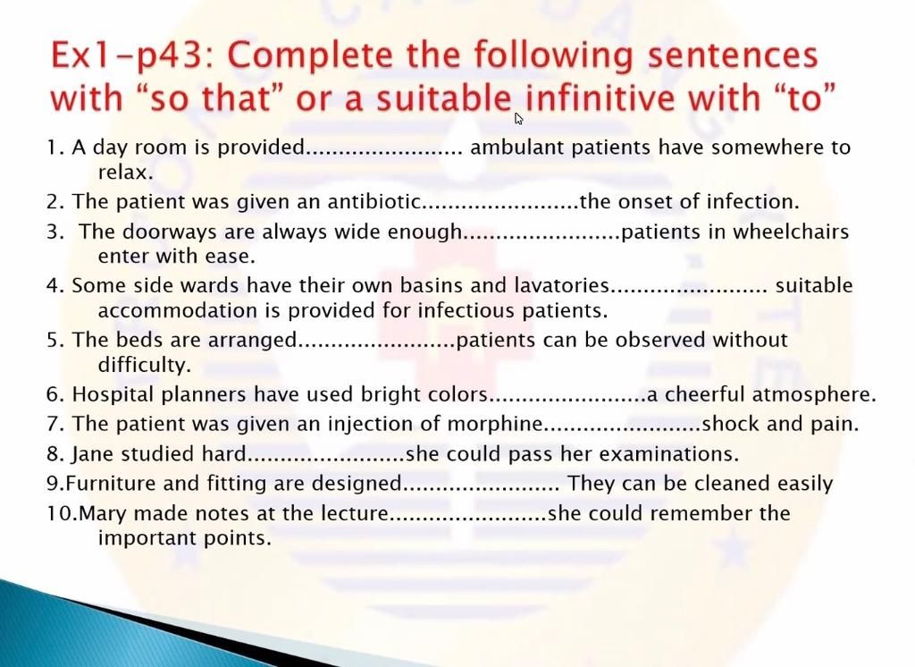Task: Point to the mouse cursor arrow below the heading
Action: click(x=519, y=118)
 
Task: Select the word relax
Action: click(x=125, y=172)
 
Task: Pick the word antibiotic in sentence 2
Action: click(x=374, y=202)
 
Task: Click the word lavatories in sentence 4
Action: click(x=561, y=286)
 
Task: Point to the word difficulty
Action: click(x=145, y=365)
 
